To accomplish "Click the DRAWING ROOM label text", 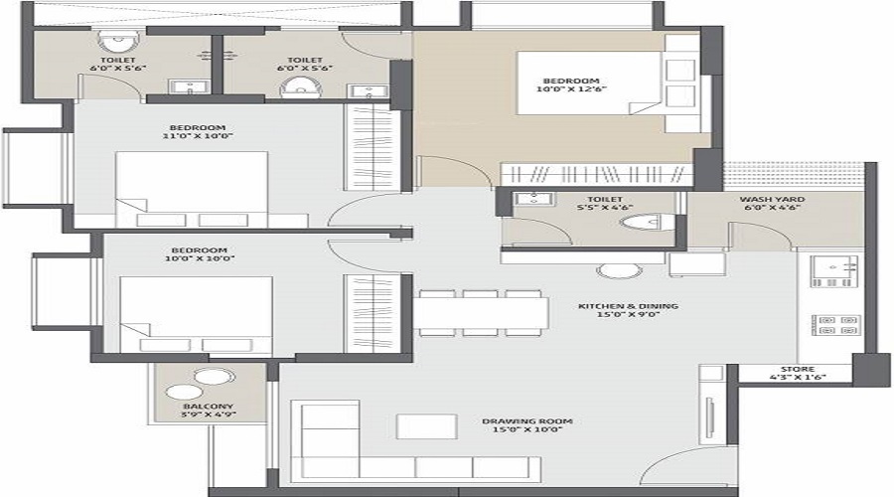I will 527,421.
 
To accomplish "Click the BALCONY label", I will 208,407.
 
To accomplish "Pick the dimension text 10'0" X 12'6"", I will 571,89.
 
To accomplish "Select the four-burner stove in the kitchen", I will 834,325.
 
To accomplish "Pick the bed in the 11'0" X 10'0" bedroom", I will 191,189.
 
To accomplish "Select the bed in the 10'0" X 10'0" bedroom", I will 196,314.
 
